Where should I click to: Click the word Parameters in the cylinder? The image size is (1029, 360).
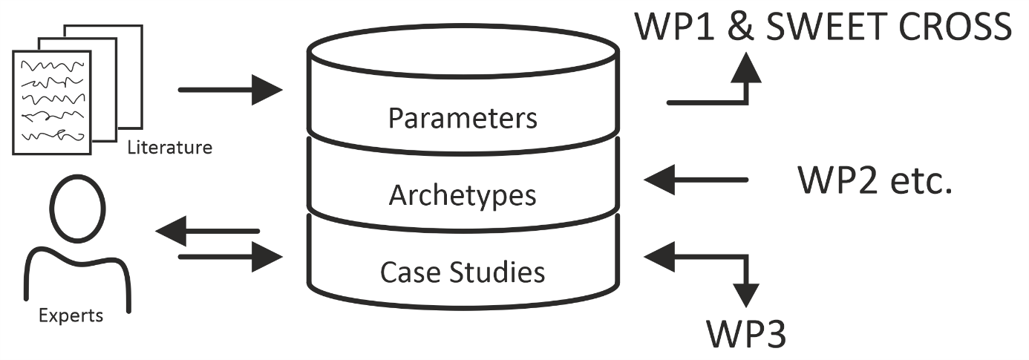tap(463, 118)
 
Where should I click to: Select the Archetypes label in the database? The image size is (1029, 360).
tap(463, 196)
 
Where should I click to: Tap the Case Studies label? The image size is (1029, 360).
tap(463, 272)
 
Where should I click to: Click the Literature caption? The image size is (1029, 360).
tap(170, 148)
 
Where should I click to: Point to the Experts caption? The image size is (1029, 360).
tap(71, 316)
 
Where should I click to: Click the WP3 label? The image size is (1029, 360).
tap(746, 334)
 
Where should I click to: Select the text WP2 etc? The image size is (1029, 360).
tap(875, 180)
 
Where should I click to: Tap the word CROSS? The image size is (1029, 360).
tap(955, 27)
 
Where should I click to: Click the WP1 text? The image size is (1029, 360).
tap(674, 27)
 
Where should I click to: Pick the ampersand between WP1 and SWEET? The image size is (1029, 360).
tap(740, 27)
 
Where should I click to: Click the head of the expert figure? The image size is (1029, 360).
tap(77, 209)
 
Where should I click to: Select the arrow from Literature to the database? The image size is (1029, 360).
tap(230, 90)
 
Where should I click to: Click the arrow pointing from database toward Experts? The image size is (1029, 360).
tap(208, 231)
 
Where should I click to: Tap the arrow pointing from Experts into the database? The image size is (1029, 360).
tap(230, 257)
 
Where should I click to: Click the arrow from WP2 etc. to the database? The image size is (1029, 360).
tap(696, 180)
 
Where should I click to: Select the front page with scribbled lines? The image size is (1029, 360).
tap(52, 102)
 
